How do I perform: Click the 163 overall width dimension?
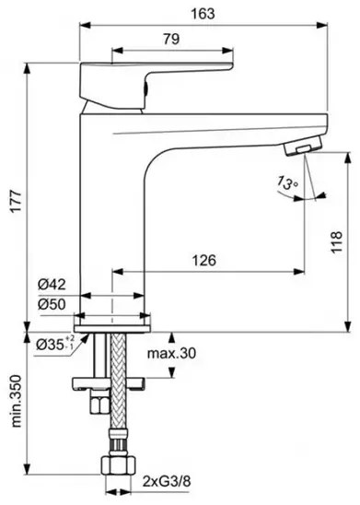point(203,14)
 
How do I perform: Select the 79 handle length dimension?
point(171,39)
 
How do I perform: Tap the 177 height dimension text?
point(16,201)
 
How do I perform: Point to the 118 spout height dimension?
point(336,241)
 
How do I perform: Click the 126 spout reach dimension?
point(204,260)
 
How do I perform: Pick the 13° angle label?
point(287,182)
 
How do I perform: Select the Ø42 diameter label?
point(52,284)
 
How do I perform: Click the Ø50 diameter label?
point(52,304)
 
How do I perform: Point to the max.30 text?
point(171,353)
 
